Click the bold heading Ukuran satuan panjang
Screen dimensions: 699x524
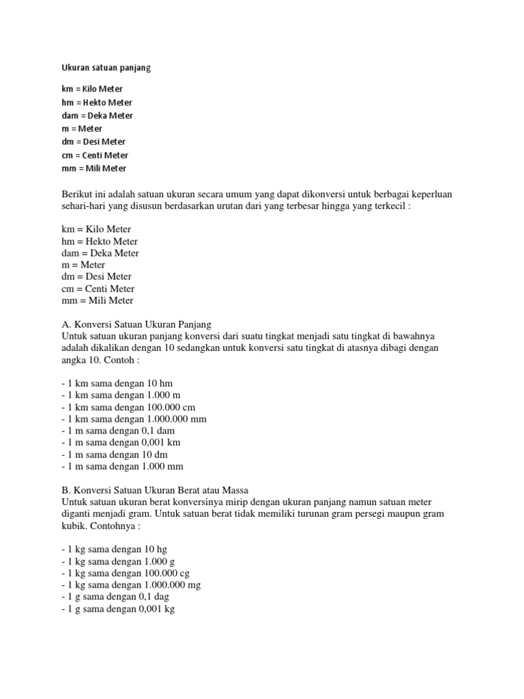106,68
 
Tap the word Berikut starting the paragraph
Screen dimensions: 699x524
77,195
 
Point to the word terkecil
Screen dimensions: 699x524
389,207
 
